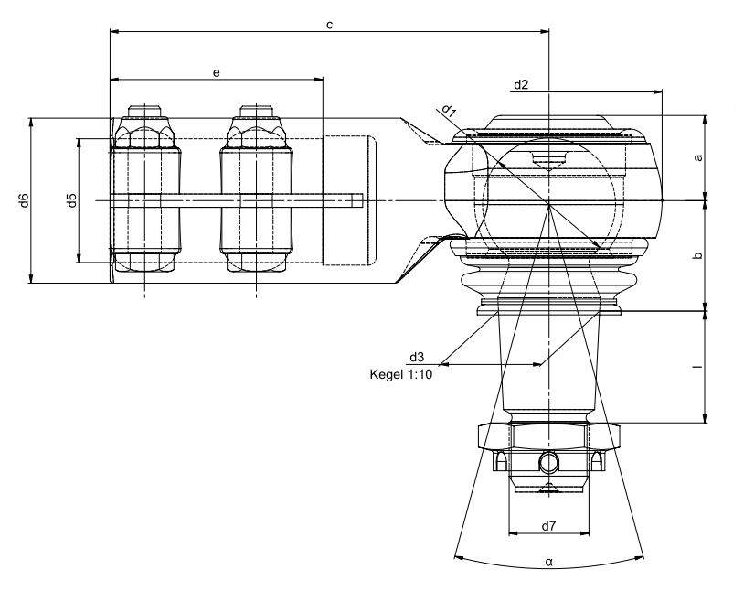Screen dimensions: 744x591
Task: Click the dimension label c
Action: (330, 25)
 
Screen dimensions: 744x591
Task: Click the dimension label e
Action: (217, 72)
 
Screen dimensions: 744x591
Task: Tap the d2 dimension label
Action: (521, 84)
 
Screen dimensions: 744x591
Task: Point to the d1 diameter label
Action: (449, 112)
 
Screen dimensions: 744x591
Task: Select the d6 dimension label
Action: (25, 200)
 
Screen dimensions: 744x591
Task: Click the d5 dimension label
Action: (71, 200)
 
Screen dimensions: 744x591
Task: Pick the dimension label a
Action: (698, 157)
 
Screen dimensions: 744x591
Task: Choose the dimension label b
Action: (697, 255)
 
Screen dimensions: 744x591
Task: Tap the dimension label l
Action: (698, 367)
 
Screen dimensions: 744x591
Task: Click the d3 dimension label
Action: (417, 357)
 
